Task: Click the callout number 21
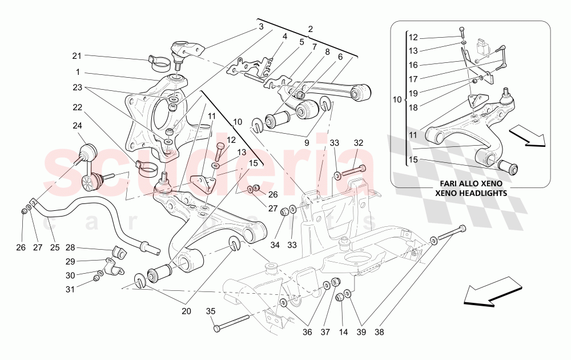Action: click(x=77, y=55)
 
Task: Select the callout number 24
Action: click(x=77, y=126)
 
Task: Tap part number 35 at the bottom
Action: click(x=210, y=311)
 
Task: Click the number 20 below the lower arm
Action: click(x=186, y=311)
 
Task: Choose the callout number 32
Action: click(x=358, y=143)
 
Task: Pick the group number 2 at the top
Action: click(x=311, y=29)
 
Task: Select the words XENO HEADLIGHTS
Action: click(x=471, y=194)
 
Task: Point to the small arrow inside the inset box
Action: click(x=527, y=136)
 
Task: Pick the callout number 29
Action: click(x=70, y=261)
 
